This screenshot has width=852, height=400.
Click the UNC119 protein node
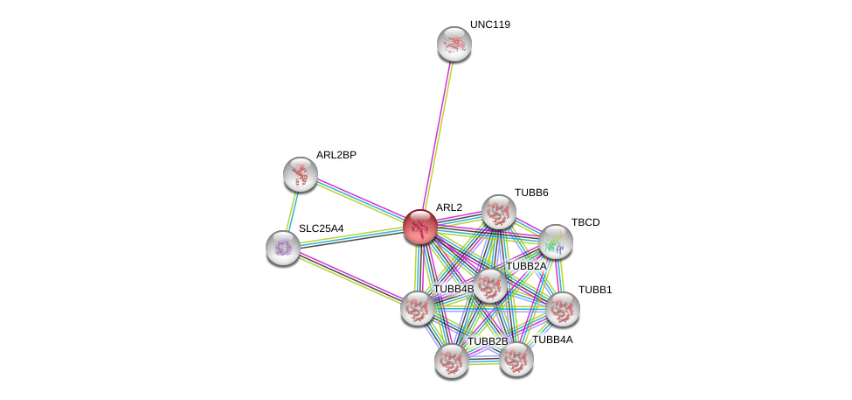tap(454, 44)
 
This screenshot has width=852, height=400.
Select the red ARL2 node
tap(419, 227)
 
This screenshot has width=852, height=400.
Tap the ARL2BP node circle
tap(301, 173)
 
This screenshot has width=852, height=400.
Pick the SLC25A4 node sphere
tap(282, 248)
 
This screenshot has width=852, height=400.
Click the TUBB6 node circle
tap(498, 212)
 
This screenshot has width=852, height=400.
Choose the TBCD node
tap(555, 242)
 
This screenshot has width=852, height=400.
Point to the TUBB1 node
tap(562, 308)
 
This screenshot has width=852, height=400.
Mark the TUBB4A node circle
tap(516, 359)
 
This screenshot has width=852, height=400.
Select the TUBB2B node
tap(451, 361)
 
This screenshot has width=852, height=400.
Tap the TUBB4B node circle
tap(418, 307)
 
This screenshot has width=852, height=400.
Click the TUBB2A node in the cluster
tap(489, 285)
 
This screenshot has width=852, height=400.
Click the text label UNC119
tap(489, 25)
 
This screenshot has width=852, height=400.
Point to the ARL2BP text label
tap(336, 155)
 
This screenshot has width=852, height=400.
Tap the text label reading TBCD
tap(585, 222)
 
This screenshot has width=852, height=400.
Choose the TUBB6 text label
tap(531, 193)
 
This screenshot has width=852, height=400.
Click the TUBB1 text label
tap(595, 290)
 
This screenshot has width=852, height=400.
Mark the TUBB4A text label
tap(552, 340)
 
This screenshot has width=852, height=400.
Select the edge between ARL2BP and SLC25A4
tap(292, 210)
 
